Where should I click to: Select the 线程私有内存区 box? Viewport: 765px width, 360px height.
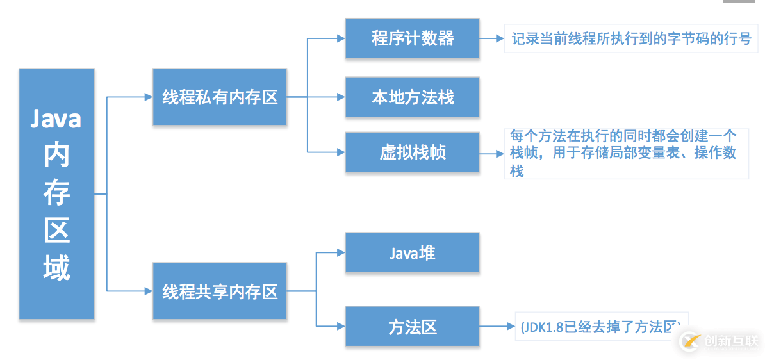tap(219, 97)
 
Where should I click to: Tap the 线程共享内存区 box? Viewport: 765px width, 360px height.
tap(219, 291)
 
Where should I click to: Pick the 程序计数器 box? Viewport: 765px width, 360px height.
tap(412, 38)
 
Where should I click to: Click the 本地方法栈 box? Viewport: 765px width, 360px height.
tap(412, 97)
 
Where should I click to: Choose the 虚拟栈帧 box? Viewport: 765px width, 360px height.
tap(412, 152)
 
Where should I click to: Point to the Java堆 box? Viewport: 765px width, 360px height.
tap(412, 252)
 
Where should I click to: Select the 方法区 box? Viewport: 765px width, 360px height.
tap(412, 327)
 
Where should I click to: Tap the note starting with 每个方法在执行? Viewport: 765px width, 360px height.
tap(626, 153)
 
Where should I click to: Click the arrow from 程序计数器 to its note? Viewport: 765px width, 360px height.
tap(491, 38)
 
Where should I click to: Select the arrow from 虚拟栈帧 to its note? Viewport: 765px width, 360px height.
tap(491, 153)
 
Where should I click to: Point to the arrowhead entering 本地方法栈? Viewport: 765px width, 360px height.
tap(340, 97)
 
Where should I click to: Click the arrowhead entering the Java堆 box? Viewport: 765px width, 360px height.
tap(340, 252)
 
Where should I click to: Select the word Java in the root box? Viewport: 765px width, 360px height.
tap(56, 120)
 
